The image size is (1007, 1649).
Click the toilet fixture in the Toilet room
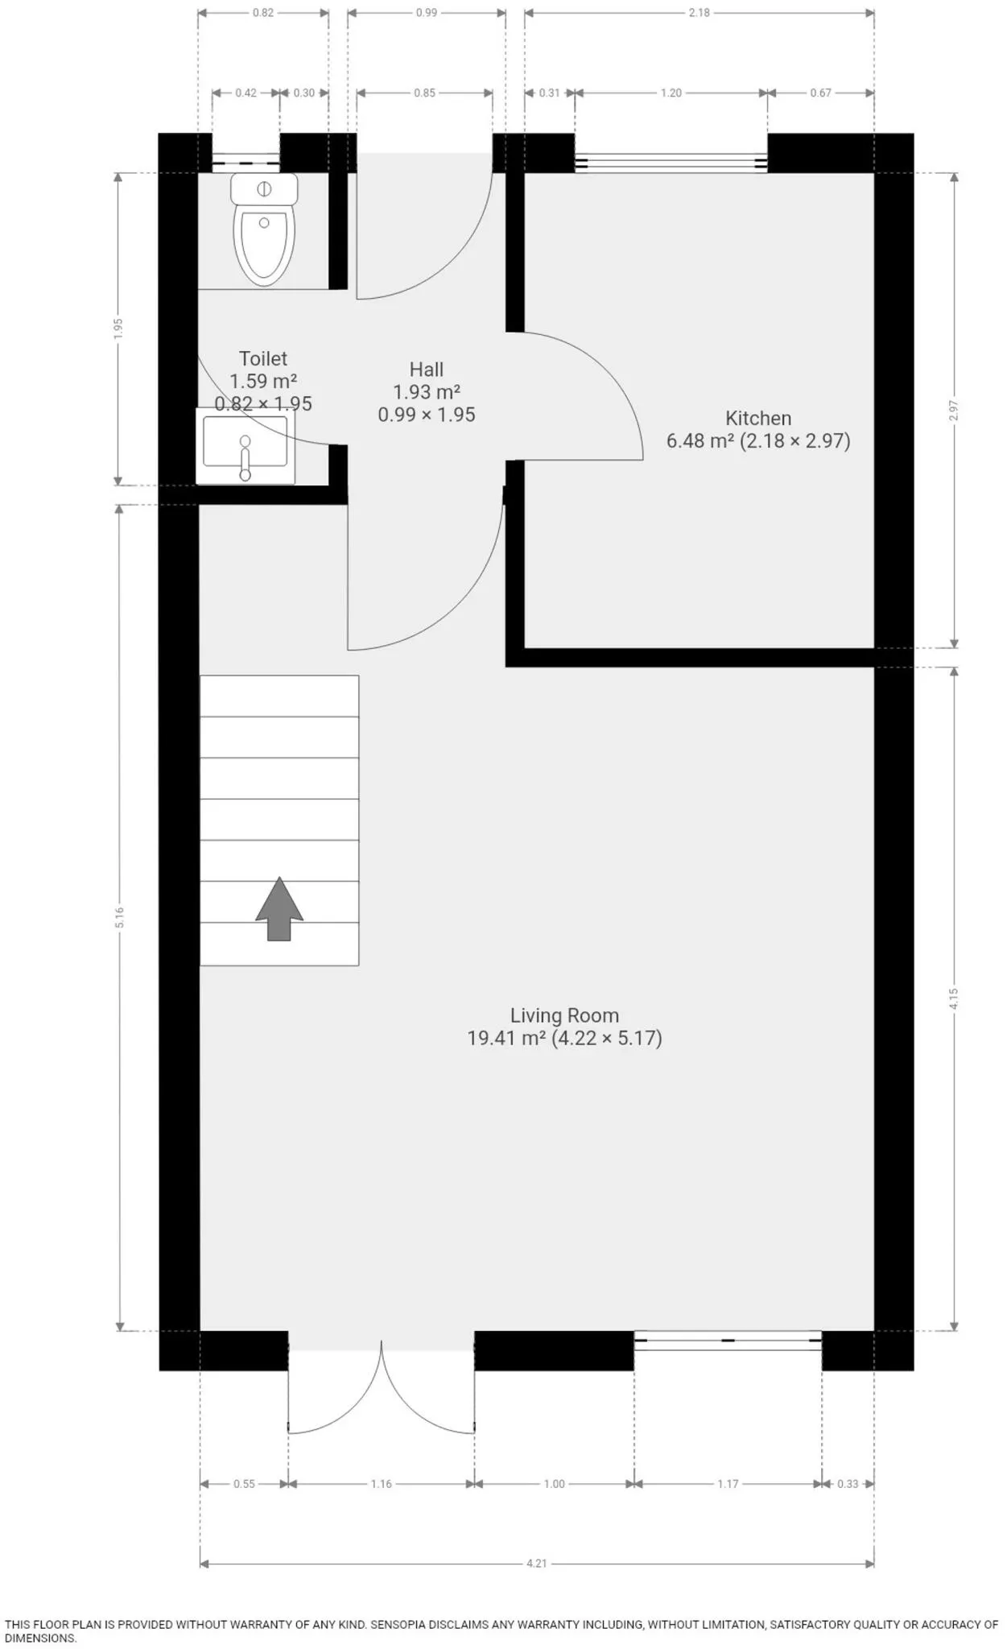pyautogui.click(x=264, y=229)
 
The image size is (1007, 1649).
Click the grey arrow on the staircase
pyautogui.click(x=279, y=908)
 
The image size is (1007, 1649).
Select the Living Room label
pyautogui.click(x=564, y=1015)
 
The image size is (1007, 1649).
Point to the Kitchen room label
pyautogui.click(x=758, y=418)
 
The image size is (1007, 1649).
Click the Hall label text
pyautogui.click(x=427, y=370)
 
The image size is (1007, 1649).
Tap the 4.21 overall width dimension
pyautogui.click(x=537, y=1563)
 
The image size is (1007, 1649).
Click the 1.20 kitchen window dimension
pyautogui.click(x=671, y=93)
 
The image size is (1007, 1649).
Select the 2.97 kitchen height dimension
pyautogui.click(x=954, y=411)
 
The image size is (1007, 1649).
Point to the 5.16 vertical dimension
pyautogui.click(x=119, y=917)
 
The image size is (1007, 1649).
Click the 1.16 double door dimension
pyautogui.click(x=382, y=1483)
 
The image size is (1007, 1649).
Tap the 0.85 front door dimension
pyautogui.click(x=425, y=93)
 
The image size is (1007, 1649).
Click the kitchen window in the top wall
pyautogui.click(x=671, y=163)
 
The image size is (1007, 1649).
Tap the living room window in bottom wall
pyautogui.click(x=728, y=1340)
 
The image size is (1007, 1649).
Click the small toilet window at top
pyautogui.click(x=246, y=163)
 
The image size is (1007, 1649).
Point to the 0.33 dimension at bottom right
pyautogui.click(x=848, y=1483)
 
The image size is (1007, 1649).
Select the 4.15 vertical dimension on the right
pyautogui.click(x=954, y=998)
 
